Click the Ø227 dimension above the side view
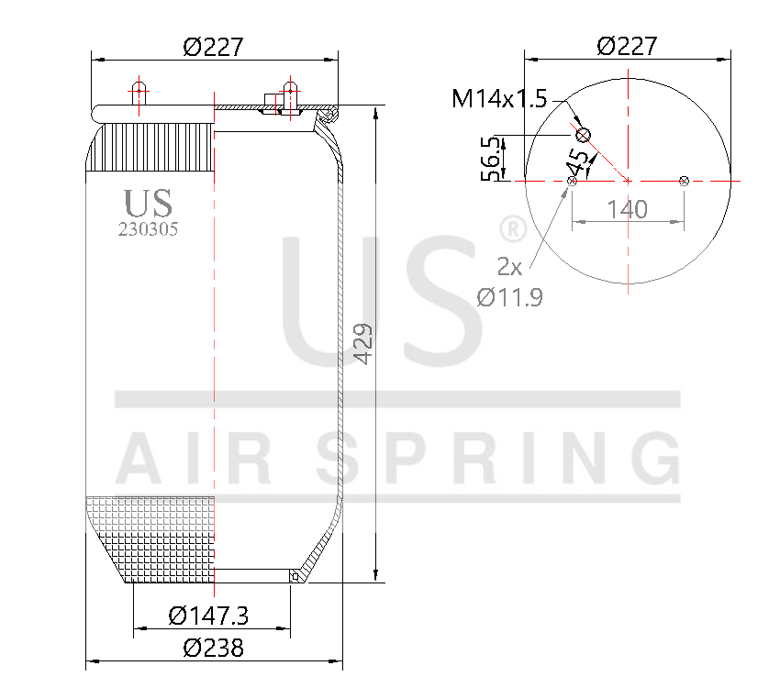click(x=214, y=46)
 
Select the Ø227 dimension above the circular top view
click(x=627, y=46)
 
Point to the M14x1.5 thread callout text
click(x=499, y=98)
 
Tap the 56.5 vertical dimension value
click(x=493, y=158)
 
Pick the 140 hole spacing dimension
click(x=628, y=209)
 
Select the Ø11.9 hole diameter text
click(x=509, y=296)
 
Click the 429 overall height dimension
click(x=364, y=344)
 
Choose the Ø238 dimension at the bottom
click(x=214, y=648)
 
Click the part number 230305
click(x=148, y=230)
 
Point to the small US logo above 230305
click(x=148, y=203)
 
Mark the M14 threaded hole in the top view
click(x=583, y=136)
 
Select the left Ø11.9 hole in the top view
click(x=573, y=182)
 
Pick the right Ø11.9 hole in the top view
click(x=684, y=182)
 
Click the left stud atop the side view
click(x=139, y=94)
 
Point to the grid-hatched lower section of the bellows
click(x=151, y=537)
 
